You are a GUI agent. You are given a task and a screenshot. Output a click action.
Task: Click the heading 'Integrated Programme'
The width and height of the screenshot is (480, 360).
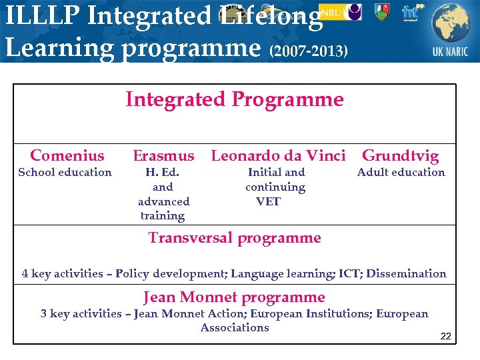click(x=235, y=100)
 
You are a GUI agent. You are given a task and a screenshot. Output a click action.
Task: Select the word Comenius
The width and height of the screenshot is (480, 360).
click(x=67, y=156)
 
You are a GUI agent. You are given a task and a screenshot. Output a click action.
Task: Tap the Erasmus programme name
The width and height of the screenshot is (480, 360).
click(x=163, y=156)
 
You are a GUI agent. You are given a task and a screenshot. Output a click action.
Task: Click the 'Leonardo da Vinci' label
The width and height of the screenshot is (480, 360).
click(x=278, y=156)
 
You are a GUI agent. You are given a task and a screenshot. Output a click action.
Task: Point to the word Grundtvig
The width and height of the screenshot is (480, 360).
click(x=400, y=157)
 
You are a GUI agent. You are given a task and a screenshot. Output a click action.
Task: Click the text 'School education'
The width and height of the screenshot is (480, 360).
click(x=65, y=173)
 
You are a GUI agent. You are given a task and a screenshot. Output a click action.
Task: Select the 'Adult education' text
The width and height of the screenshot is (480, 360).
click(x=401, y=173)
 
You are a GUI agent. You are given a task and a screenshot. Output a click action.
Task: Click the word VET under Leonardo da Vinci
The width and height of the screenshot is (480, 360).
click(x=269, y=201)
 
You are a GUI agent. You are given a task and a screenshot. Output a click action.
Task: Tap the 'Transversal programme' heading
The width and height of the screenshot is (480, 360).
click(x=235, y=238)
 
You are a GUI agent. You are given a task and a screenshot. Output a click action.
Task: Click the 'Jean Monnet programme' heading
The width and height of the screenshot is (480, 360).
click(x=234, y=297)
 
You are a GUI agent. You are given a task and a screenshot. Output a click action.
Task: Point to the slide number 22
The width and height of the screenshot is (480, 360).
click(x=446, y=336)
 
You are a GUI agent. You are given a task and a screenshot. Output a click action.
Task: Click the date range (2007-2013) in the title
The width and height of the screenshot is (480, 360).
click(x=309, y=51)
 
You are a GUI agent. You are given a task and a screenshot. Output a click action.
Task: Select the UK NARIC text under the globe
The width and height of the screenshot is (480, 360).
click(x=450, y=51)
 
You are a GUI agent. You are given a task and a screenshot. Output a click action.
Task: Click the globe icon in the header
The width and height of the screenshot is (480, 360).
click(x=450, y=23)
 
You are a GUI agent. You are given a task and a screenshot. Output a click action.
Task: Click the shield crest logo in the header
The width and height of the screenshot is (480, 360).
click(x=381, y=11)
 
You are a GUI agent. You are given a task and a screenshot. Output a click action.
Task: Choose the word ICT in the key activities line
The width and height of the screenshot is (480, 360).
click(x=349, y=274)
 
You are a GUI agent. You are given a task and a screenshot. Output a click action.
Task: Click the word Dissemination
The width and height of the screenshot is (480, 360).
click(x=406, y=274)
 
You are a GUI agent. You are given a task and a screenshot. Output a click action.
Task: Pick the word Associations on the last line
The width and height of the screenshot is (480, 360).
click(x=235, y=328)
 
